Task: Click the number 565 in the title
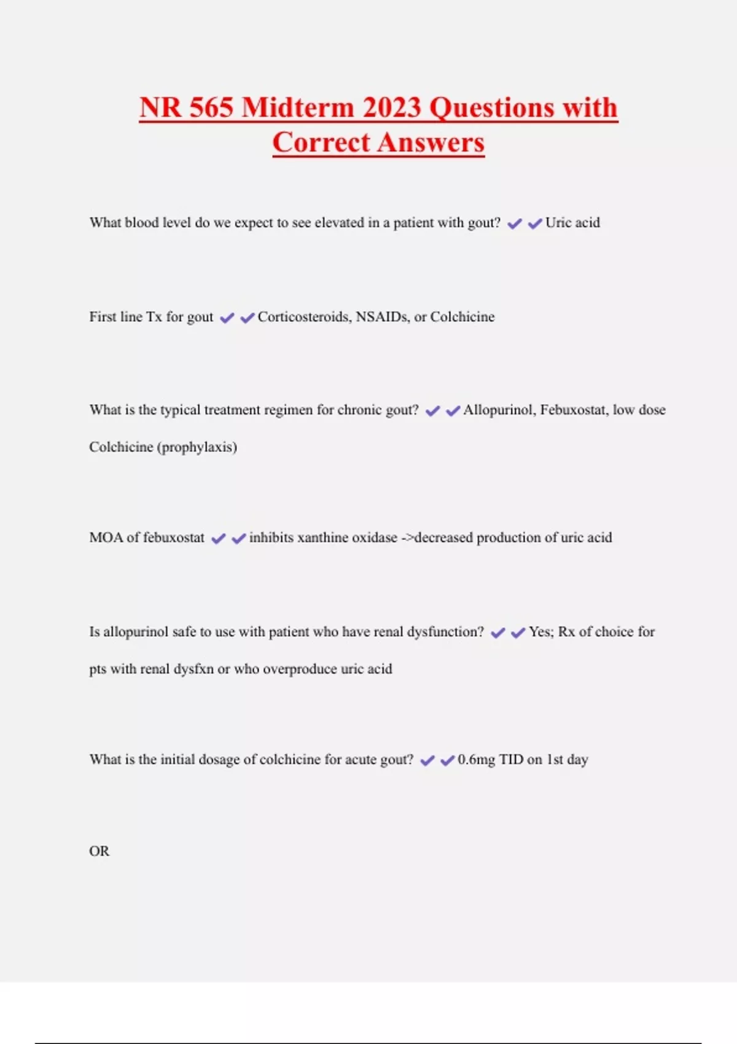(211, 107)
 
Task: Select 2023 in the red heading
(391, 107)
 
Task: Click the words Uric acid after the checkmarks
(572, 223)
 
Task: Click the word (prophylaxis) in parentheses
(197, 447)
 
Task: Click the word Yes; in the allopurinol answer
(541, 632)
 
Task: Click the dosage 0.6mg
(476, 760)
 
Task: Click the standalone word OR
(99, 851)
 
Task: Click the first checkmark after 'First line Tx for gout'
(227, 317)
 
